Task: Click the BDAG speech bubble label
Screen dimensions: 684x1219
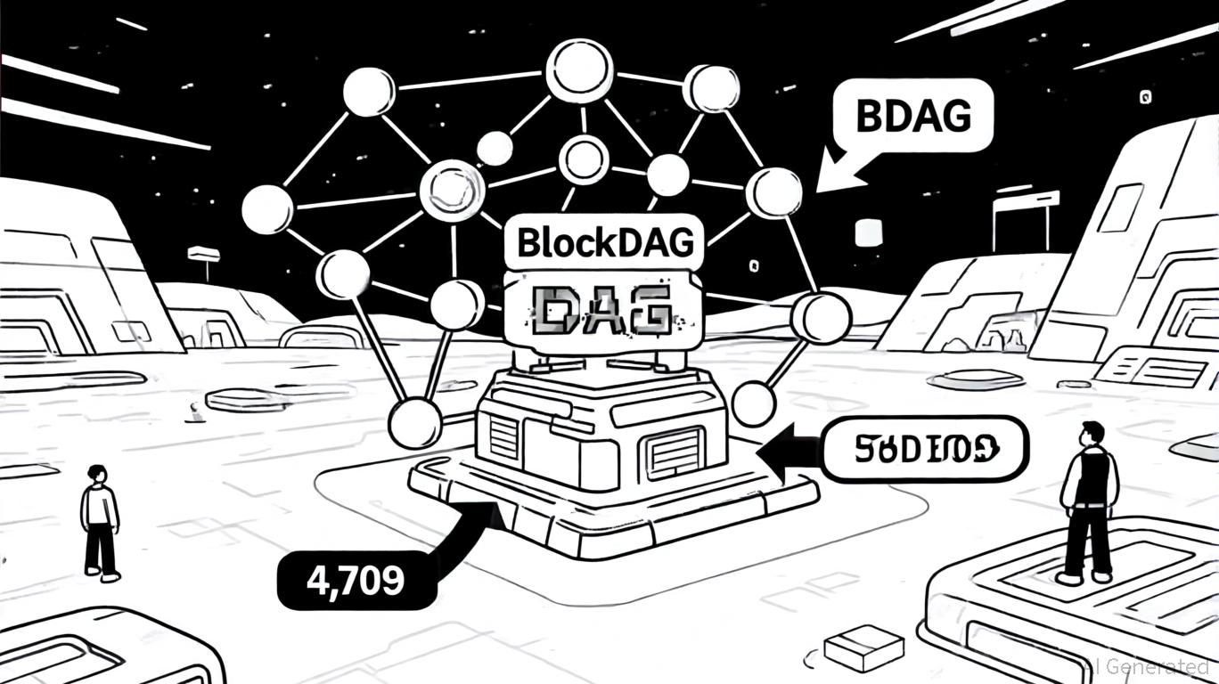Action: (x=912, y=116)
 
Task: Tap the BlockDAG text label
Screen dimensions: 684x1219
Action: (x=603, y=241)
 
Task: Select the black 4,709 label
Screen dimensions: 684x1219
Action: (x=356, y=580)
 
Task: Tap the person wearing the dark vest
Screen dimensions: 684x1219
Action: (x=1089, y=503)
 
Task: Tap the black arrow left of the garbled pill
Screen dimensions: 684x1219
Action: (x=789, y=449)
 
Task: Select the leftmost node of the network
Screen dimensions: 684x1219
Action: (x=266, y=209)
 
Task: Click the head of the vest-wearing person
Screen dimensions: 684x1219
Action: (x=1092, y=432)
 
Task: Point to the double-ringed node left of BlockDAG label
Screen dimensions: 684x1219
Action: (x=452, y=189)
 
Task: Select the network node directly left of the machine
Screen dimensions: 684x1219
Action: (x=415, y=422)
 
